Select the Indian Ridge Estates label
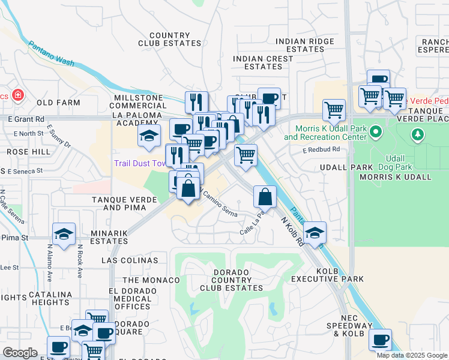click(x=304, y=45)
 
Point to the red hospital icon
click(x=18, y=95)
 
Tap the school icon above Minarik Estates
click(x=63, y=235)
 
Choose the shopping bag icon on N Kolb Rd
click(x=265, y=196)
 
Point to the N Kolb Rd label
click(x=292, y=231)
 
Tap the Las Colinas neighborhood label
click(x=130, y=260)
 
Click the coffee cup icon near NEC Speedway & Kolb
click(x=380, y=340)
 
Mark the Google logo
click(x=20, y=352)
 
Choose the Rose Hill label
click(x=28, y=152)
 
